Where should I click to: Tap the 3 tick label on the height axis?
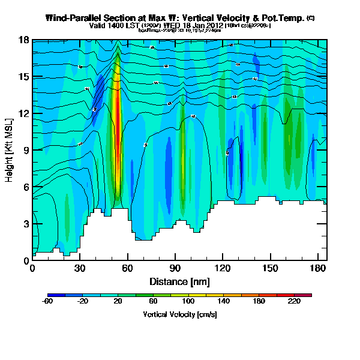tap(26, 224)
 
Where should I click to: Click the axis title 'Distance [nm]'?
tap(179, 281)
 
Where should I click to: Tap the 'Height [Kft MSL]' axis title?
tap(10, 151)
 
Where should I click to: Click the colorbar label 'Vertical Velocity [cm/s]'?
tap(179, 314)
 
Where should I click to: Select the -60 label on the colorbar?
tap(47, 302)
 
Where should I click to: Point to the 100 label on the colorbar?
tap(188, 302)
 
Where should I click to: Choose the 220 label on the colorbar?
tap(294, 302)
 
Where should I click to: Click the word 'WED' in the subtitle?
tap(178, 26)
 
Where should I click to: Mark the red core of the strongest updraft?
tap(118, 108)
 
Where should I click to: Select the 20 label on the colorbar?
tap(118, 302)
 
